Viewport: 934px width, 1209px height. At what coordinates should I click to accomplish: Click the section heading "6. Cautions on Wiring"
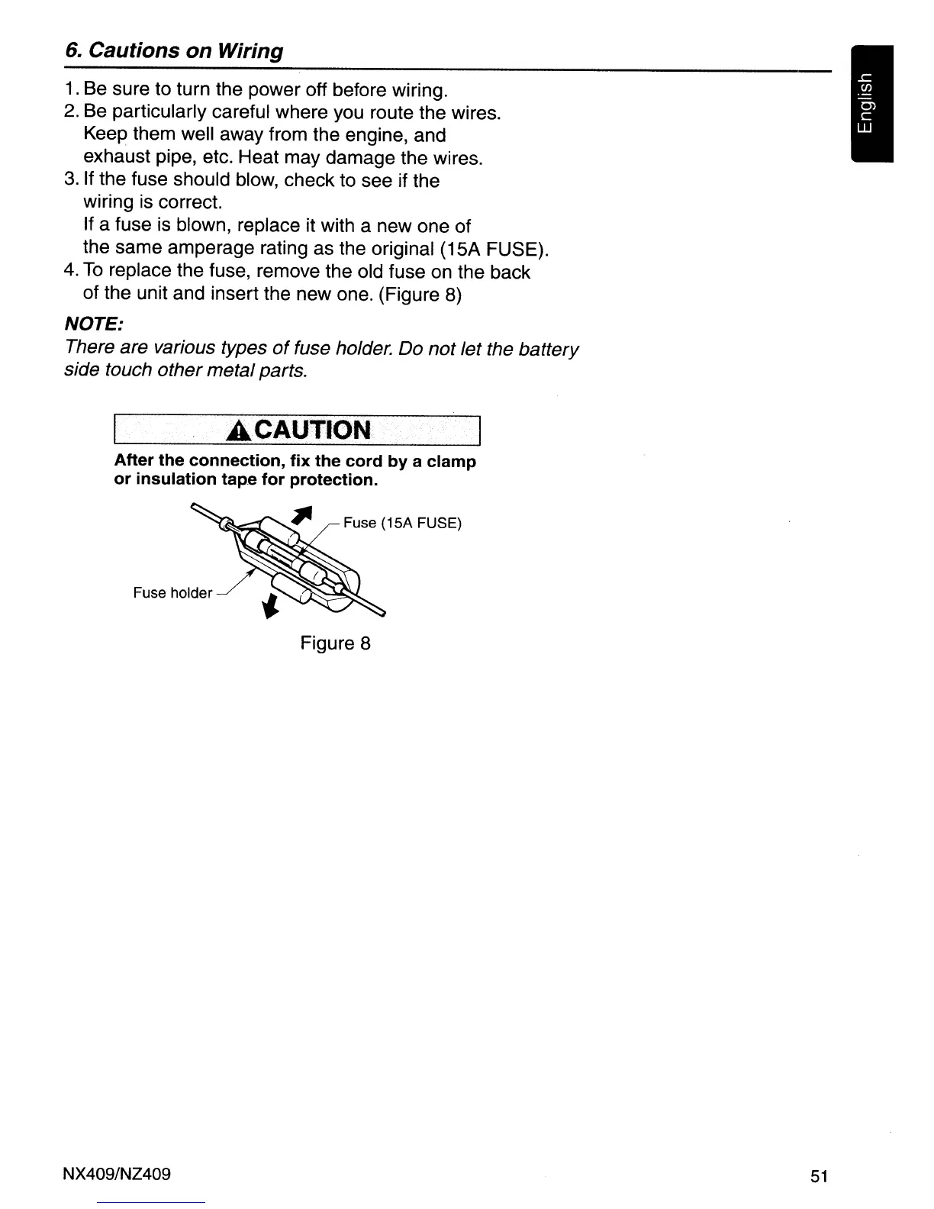coord(174,51)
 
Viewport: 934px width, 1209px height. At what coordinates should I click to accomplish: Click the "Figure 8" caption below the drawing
coord(335,643)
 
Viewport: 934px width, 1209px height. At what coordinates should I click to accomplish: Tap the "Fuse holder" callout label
coord(172,593)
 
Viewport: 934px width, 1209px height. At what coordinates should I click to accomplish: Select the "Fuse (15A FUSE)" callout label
coord(402,524)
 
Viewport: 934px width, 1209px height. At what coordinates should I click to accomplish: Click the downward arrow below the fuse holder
coord(269,607)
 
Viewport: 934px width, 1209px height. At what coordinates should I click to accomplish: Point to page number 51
coord(820,1176)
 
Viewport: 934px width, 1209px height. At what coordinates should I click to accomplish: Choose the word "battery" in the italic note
coord(548,350)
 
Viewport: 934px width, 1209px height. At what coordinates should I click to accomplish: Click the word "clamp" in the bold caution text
coord(452,462)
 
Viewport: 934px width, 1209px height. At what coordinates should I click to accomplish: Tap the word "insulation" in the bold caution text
coord(173,480)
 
